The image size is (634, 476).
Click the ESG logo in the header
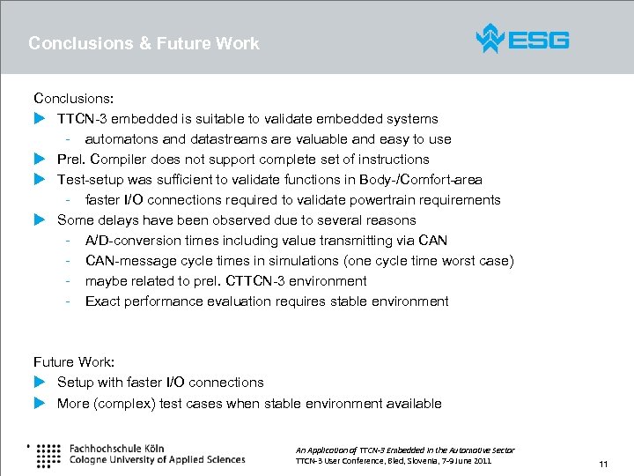pyautogui.click(x=522, y=40)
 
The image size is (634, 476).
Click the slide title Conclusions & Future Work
pyautogui.click(x=144, y=43)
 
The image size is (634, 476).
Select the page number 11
pyautogui.click(x=603, y=464)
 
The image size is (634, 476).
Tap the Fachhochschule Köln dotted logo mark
pyautogui.click(x=48, y=453)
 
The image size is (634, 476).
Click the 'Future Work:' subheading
pyautogui.click(x=74, y=362)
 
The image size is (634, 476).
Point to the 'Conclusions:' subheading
pyautogui.click(x=74, y=99)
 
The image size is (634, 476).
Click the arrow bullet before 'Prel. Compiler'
pyautogui.click(x=39, y=160)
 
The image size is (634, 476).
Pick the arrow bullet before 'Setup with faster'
pyautogui.click(x=39, y=383)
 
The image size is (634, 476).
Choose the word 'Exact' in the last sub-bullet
pyautogui.click(x=102, y=301)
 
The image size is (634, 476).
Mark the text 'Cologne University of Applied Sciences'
pyautogui.click(x=157, y=459)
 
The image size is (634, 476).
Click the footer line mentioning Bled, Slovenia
pyautogui.click(x=394, y=461)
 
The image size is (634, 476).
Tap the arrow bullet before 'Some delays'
pyautogui.click(x=39, y=220)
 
